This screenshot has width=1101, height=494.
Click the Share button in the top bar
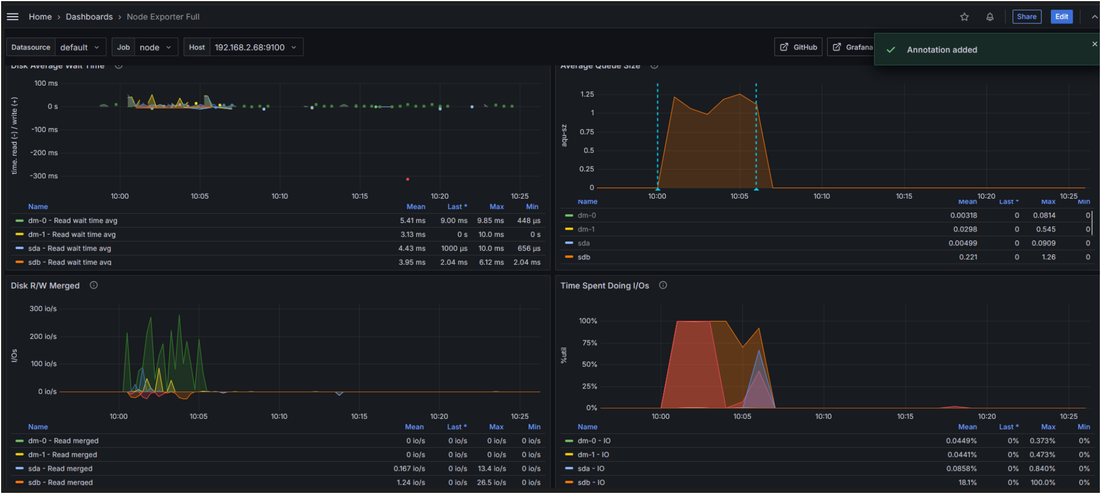click(1026, 17)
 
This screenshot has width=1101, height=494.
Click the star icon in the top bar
click(964, 17)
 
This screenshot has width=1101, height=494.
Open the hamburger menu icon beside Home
click(12, 17)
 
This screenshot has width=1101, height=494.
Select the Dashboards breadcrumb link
click(89, 17)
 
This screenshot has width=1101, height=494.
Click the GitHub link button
click(798, 47)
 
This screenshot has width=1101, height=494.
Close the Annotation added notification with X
click(1094, 44)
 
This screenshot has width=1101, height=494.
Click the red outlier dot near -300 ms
click(408, 179)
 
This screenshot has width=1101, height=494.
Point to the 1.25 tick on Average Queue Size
click(587, 94)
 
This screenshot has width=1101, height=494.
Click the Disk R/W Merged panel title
click(45, 285)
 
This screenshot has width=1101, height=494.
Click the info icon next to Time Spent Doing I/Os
click(663, 285)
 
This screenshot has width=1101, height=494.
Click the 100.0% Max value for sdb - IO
click(1043, 482)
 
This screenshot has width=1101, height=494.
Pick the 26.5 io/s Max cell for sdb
click(491, 482)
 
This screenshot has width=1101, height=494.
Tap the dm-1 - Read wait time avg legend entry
click(72, 234)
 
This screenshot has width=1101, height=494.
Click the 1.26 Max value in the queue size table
click(1048, 257)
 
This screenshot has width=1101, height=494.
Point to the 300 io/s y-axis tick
click(43, 308)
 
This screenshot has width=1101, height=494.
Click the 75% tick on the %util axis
click(589, 343)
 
